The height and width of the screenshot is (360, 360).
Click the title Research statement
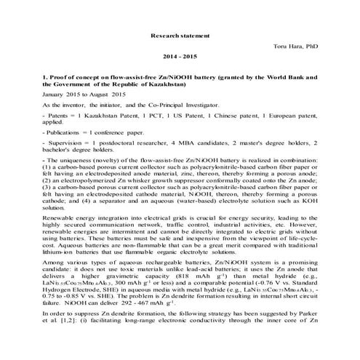click(180, 35)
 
